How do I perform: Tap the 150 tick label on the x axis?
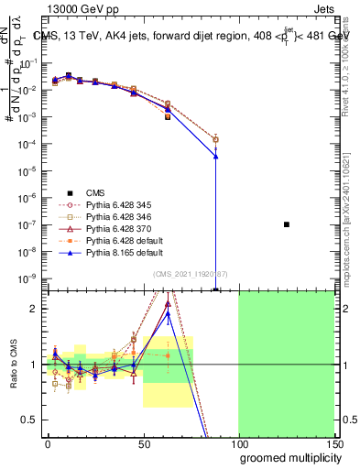tap(333, 442)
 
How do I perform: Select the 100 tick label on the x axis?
tap(238, 442)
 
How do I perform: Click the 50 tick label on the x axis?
tap(143, 442)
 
